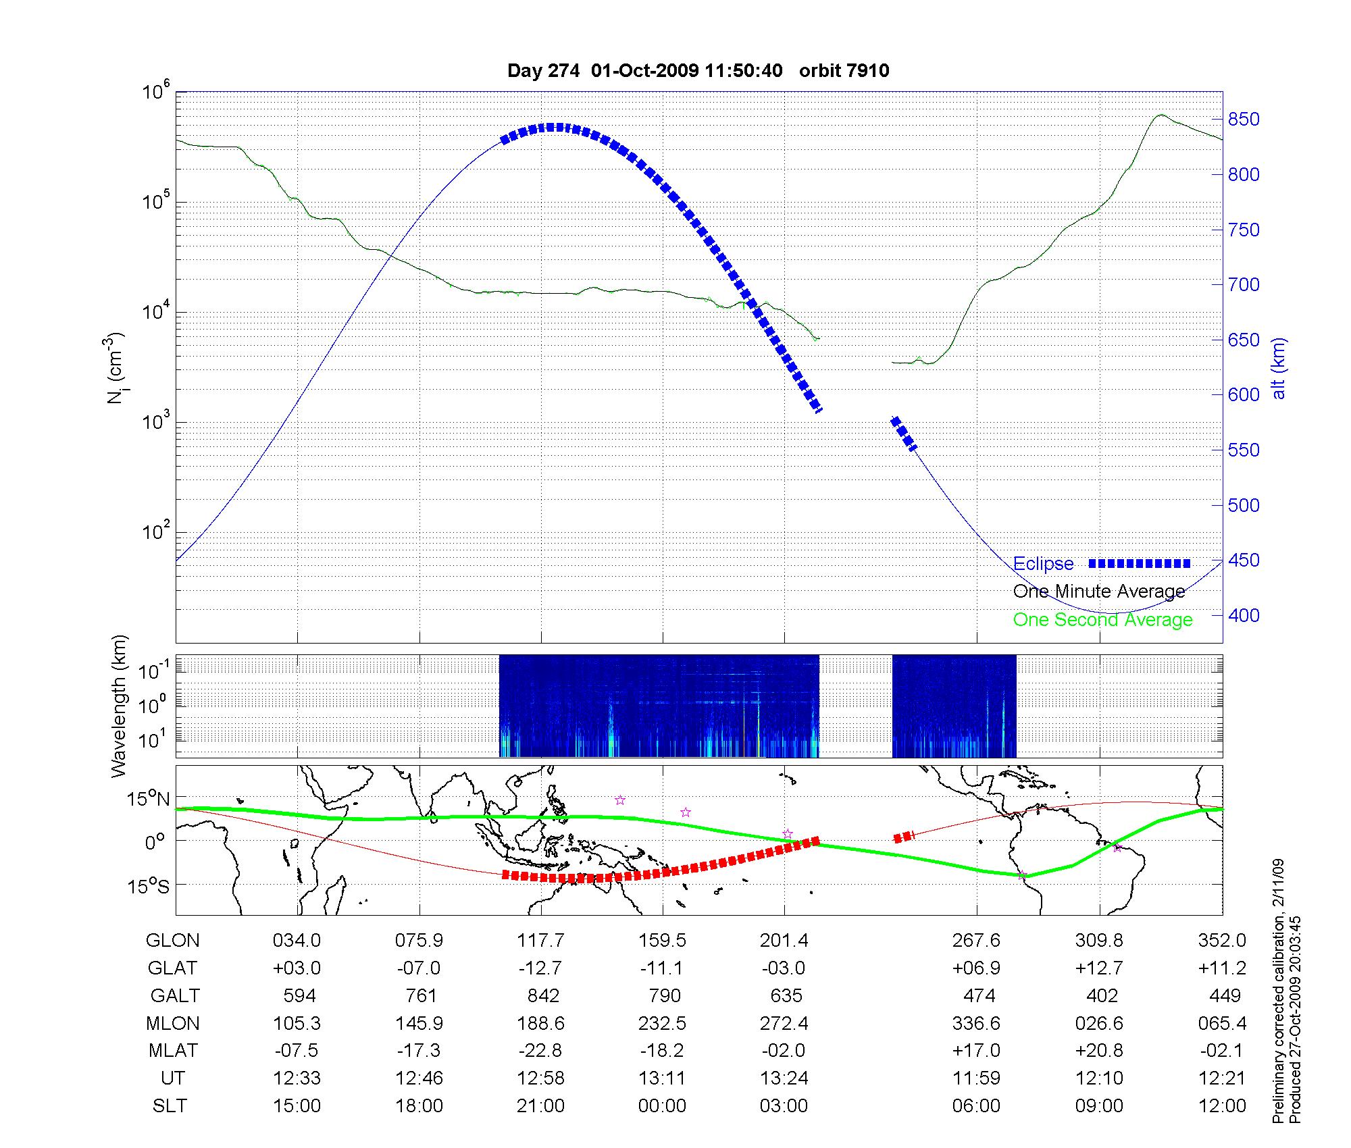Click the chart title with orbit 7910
(x=698, y=70)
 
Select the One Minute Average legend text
(x=1099, y=592)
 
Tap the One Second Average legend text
(x=1102, y=620)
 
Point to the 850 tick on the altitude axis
(x=1244, y=120)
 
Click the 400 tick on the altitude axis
(x=1244, y=615)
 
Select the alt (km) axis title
(x=1279, y=368)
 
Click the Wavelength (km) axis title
(x=120, y=706)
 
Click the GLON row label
(x=172, y=941)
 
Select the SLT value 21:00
(x=540, y=1106)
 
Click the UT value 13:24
(x=784, y=1078)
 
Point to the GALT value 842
(x=543, y=996)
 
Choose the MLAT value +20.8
(x=1099, y=1051)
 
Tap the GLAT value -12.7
(x=540, y=968)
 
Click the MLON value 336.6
(x=976, y=1024)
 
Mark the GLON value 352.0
(x=1221, y=941)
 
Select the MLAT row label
(x=173, y=1051)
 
